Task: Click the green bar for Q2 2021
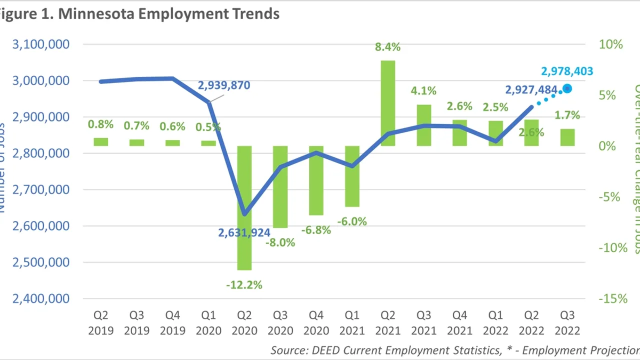[388, 103]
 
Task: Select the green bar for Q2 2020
[244, 207]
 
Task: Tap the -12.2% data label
[244, 285]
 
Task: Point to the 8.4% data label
[388, 47]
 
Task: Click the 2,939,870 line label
[223, 85]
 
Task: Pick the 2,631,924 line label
[244, 232]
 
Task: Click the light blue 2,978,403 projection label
[567, 71]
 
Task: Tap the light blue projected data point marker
[567, 89]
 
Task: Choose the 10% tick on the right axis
[611, 44]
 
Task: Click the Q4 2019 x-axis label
[172, 323]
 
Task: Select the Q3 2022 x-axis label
[567, 323]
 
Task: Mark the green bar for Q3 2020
[280, 186]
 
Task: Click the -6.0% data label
[352, 221]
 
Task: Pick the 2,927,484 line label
[531, 90]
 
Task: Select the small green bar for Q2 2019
[100, 142]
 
